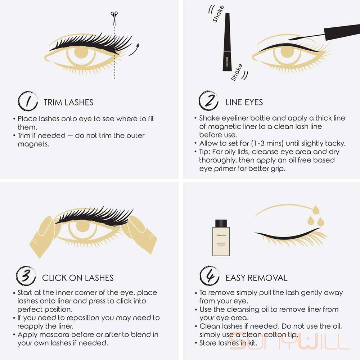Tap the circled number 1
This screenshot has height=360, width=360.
(x=28, y=101)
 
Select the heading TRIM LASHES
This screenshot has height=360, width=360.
(x=68, y=102)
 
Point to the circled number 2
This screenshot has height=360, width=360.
(x=208, y=100)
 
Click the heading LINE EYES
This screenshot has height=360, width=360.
(x=244, y=102)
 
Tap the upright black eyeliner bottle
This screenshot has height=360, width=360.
(x=227, y=42)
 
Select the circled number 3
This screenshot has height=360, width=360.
(x=26, y=276)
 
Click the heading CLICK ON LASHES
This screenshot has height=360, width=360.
(x=78, y=278)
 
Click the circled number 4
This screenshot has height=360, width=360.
(x=210, y=276)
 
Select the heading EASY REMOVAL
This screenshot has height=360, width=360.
(x=256, y=278)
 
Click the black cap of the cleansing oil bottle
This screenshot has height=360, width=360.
(x=221, y=223)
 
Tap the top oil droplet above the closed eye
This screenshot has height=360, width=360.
(x=316, y=210)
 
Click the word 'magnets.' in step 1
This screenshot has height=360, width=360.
(x=33, y=144)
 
